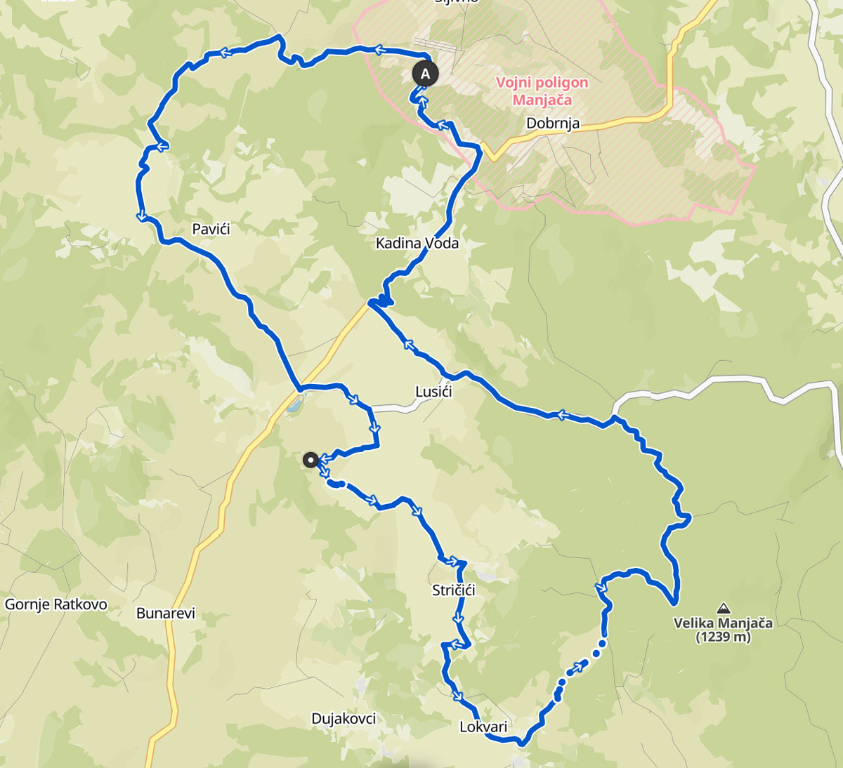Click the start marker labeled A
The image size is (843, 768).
(424, 73)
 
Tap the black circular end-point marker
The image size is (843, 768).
(310, 460)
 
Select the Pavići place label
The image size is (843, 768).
(211, 229)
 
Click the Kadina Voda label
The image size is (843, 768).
(417, 243)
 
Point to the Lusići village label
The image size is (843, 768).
(433, 392)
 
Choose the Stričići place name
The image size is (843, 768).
(454, 590)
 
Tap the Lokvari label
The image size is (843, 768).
(483, 727)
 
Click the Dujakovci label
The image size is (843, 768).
(344, 718)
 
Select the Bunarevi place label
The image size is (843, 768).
(166, 613)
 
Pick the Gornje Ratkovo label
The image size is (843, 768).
(56, 604)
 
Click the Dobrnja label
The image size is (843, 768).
(553, 124)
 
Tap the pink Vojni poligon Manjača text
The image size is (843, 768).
(542, 91)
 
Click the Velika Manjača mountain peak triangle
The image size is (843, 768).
(723, 607)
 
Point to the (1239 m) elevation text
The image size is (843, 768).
(723, 637)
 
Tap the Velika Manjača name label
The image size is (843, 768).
(723, 623)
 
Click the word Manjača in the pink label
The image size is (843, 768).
(542, 100)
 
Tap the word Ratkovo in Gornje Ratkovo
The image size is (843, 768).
(79, 604)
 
